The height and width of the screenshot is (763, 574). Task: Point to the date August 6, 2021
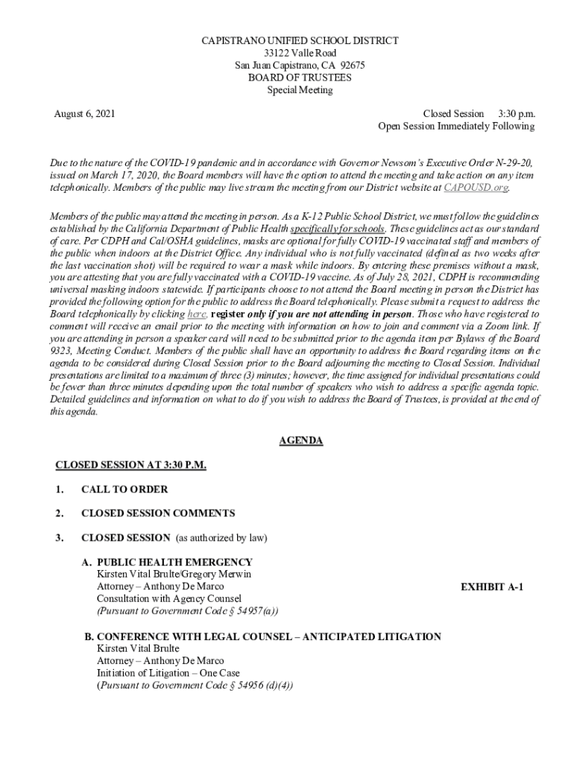84,114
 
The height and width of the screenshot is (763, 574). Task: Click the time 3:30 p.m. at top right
516,114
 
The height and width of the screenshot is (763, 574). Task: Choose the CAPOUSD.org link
476,187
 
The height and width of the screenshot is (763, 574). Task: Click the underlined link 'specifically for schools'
338,229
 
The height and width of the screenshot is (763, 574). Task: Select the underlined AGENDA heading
300,440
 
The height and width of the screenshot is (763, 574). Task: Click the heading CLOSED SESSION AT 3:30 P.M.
130,465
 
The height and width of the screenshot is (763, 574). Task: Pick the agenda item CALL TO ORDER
124,490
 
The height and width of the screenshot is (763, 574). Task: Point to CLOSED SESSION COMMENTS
158,513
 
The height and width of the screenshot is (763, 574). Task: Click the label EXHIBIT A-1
492,587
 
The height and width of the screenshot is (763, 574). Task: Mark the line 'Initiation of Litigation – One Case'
168,674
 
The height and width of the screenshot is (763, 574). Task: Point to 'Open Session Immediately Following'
456,127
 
